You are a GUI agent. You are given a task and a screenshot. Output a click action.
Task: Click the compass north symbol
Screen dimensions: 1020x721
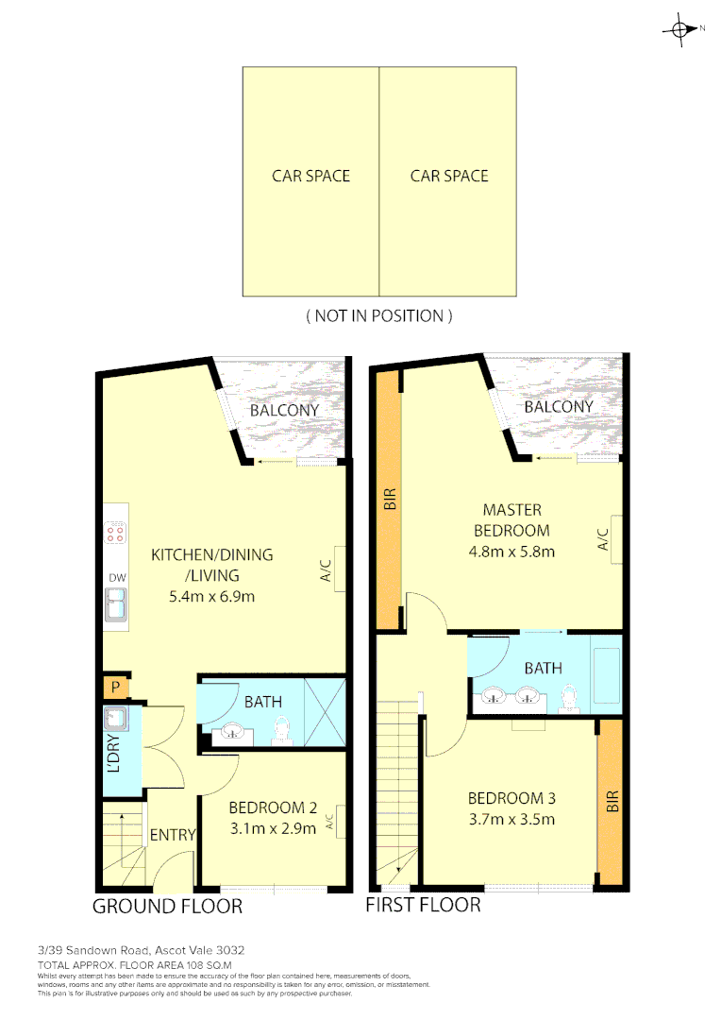tap(679, 29)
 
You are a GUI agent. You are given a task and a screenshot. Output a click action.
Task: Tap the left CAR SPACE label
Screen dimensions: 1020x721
tap(310, 176)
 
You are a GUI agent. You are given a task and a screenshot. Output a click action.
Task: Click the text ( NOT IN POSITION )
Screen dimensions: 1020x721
tap(378, 316)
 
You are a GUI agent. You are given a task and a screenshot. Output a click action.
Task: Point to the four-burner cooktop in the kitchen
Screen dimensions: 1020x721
tap(116, 535)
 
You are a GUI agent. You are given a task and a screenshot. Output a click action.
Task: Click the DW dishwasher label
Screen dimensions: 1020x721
tap(117, 578)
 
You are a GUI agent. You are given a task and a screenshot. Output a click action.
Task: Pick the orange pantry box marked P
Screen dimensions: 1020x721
tap(115, 688)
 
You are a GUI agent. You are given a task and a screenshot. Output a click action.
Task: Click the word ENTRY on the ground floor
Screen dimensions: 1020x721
tap(173, 835)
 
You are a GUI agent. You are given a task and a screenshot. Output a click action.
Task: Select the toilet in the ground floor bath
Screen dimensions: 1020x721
tap(279, 730)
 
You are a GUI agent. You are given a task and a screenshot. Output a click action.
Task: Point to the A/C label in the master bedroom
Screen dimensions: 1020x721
tap(603, 539)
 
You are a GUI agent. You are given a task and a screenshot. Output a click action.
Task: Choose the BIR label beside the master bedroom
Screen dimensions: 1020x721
tap(388, 500)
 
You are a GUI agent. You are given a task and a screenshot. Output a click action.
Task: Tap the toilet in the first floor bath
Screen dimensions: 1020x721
tap(568, 696)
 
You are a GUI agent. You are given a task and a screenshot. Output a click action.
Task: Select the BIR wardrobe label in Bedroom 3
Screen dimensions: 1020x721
tap(612, 803)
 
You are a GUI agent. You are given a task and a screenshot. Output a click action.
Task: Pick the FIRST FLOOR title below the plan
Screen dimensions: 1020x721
tap(423, 905)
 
